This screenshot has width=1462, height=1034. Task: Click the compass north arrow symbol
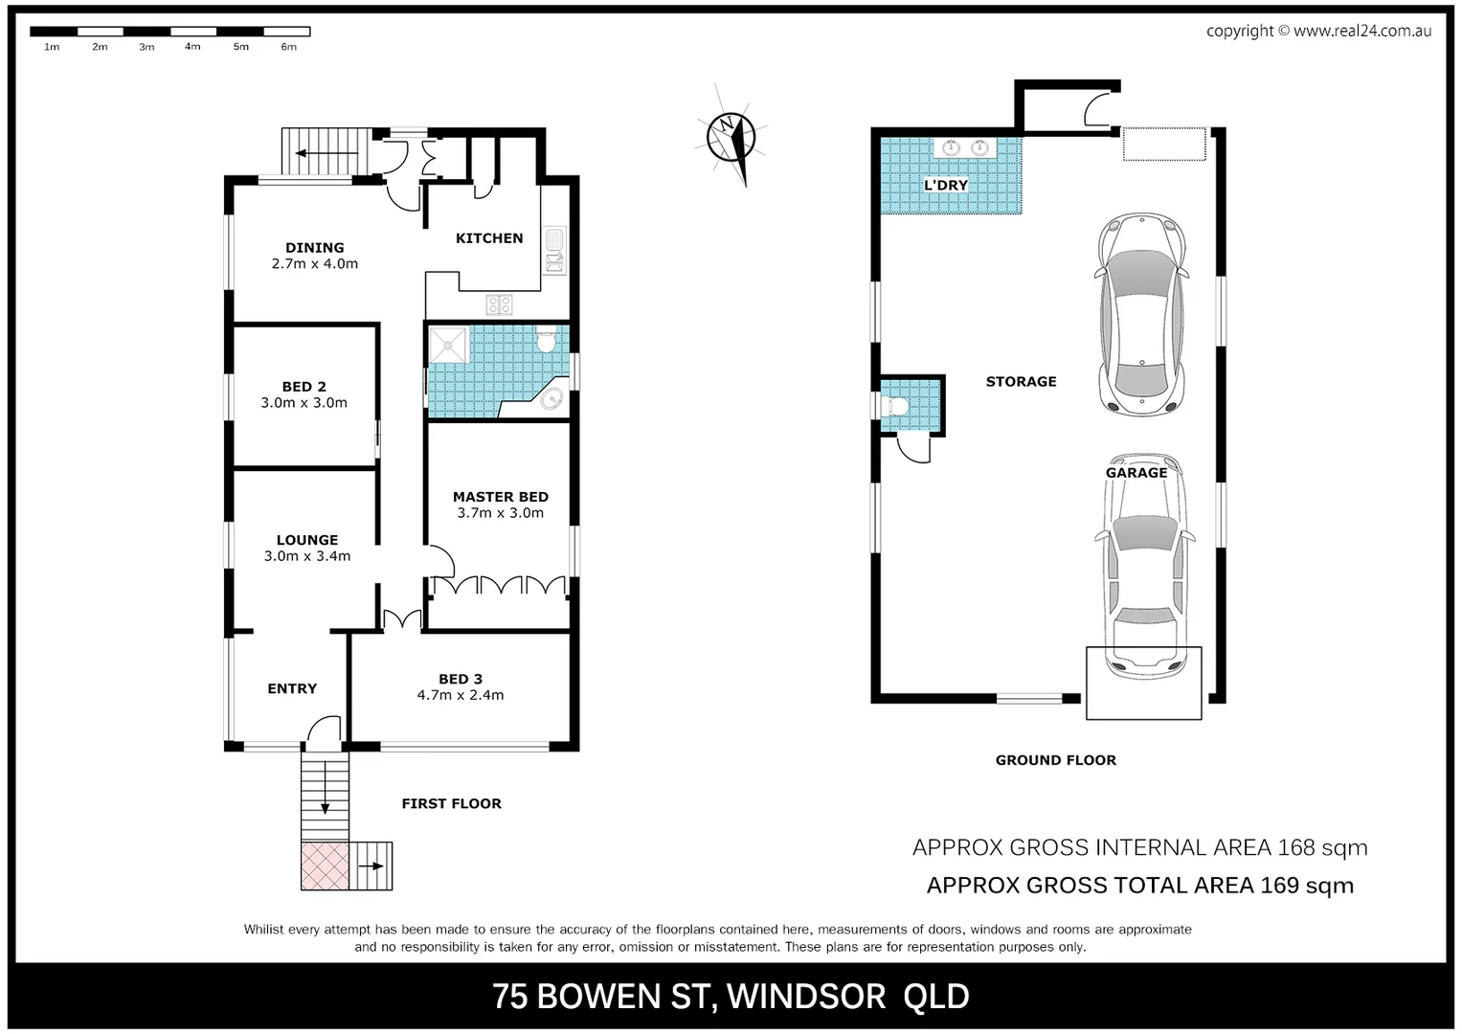click(x=731, y=136)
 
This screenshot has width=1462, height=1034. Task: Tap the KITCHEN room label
click(x=489, y=238)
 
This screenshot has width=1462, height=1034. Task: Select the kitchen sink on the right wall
click(x=554, y=250)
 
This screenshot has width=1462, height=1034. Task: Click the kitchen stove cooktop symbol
click(x=499, y=305)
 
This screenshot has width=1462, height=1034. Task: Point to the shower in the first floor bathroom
click(x=447, y=345)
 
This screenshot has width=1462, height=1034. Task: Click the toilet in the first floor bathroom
click(x=547, y=340)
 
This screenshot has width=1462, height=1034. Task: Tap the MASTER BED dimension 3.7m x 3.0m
click(x=500, y=513)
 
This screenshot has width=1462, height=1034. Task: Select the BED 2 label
click(x=304, y=387)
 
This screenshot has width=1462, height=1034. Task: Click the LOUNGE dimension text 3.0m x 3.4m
click(x=307, y=556)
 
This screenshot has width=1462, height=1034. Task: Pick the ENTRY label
click(x=292, y=688)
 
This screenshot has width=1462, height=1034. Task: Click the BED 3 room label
click(x=461, y=679)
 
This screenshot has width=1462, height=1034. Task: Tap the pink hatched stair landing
click(x=325, y=866)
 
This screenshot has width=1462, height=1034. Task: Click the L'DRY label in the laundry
click(x=946, y=185)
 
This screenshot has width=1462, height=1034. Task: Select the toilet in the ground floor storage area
click(x=898, y=406)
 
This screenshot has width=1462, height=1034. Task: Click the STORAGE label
click(x=1022, y=381)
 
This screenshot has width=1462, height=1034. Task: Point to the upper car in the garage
click(x=1140, y=314)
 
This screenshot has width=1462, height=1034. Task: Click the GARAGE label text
click(x=1136, y=472)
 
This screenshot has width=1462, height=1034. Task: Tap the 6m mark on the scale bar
click(x=288, y=47)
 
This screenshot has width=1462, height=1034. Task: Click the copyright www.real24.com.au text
click(x=1318, y=31)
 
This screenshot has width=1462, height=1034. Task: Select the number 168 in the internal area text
click(x=1296, y=847)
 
